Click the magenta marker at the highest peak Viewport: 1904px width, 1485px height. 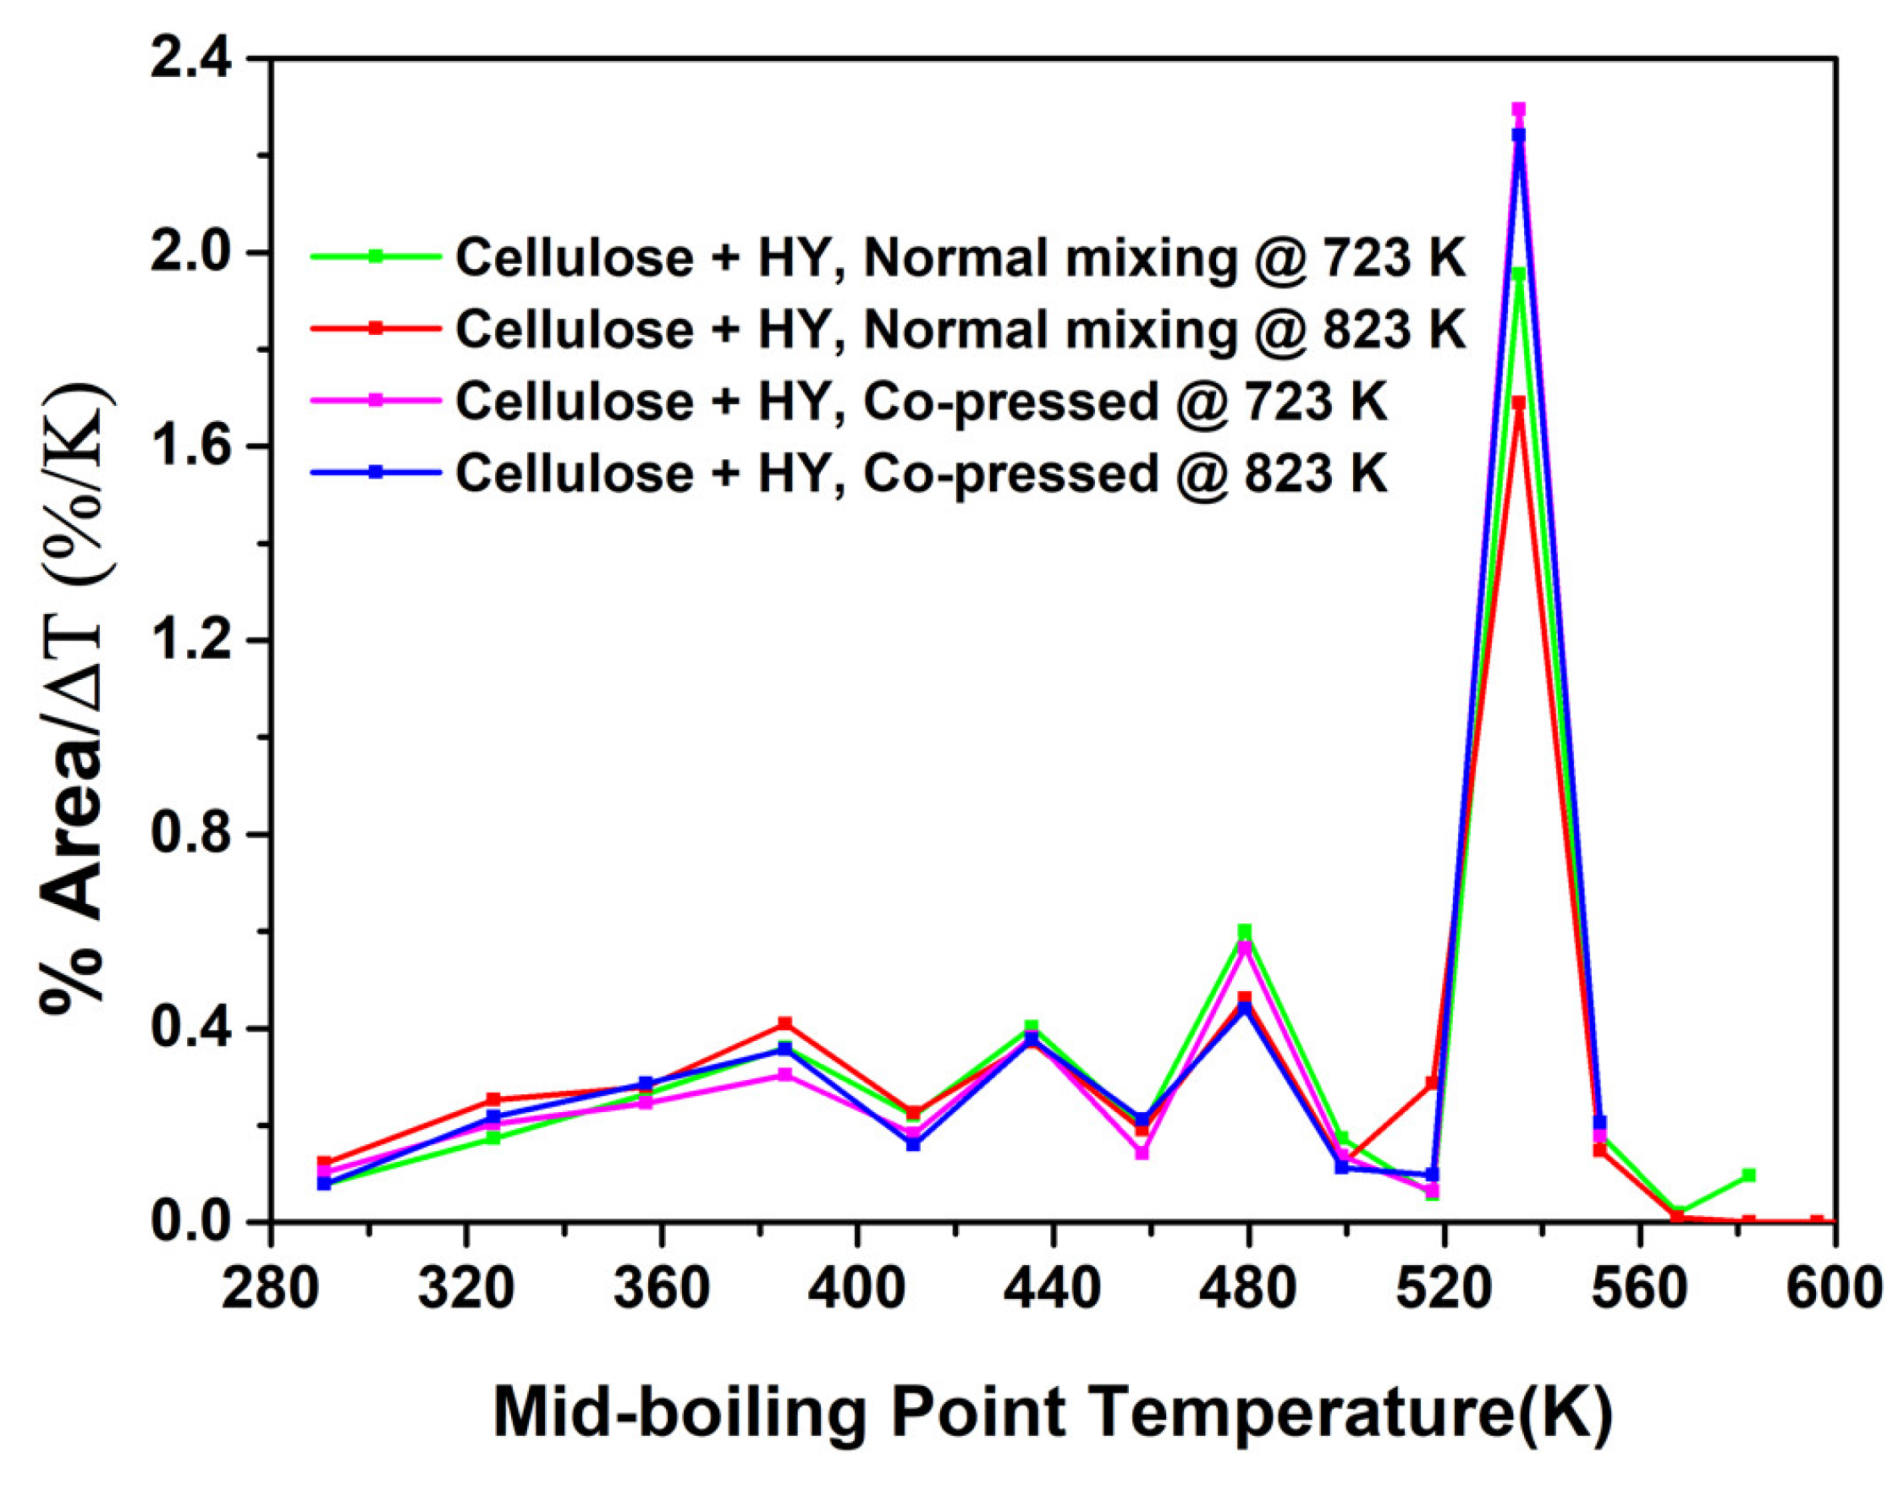[1518, 110]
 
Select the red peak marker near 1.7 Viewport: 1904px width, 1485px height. [1518, 403]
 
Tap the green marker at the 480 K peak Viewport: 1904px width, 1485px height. [1244, 931]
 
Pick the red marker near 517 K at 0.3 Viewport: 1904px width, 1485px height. [1432, 1082]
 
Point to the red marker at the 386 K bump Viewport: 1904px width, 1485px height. [784, 1023]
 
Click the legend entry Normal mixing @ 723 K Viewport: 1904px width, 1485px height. [959, 258]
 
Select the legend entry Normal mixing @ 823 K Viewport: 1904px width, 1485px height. [959, 331]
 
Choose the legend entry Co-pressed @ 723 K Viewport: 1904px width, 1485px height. [920, 402]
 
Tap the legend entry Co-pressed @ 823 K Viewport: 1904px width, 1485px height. [920, 474]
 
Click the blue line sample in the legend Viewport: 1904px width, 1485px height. [375, 472]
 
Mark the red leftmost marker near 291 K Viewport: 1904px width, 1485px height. [324, 1163]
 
